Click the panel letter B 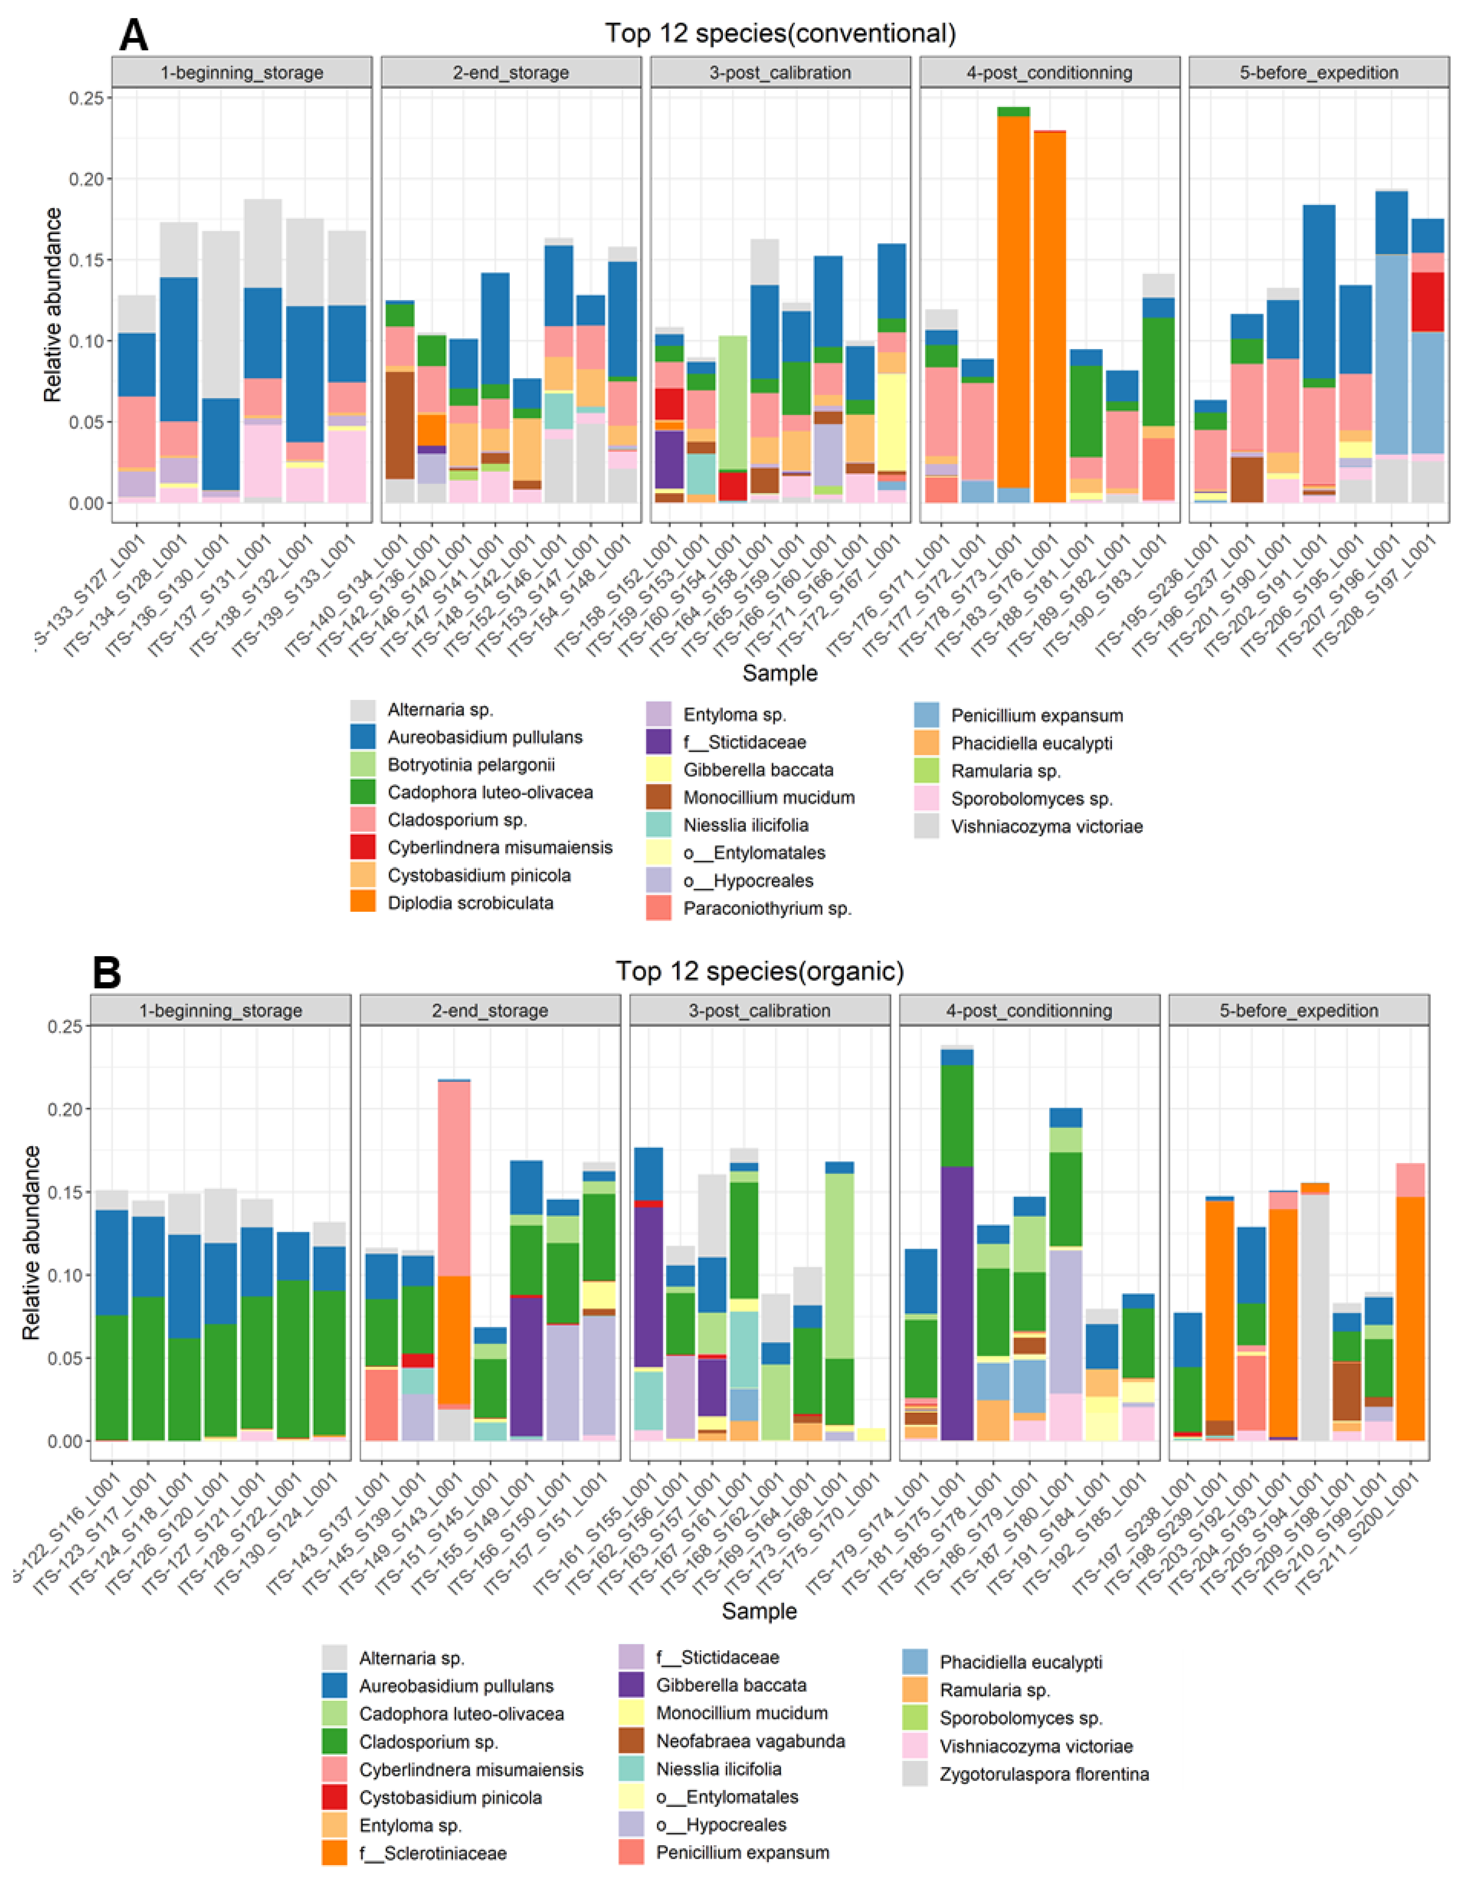coord(107,972)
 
